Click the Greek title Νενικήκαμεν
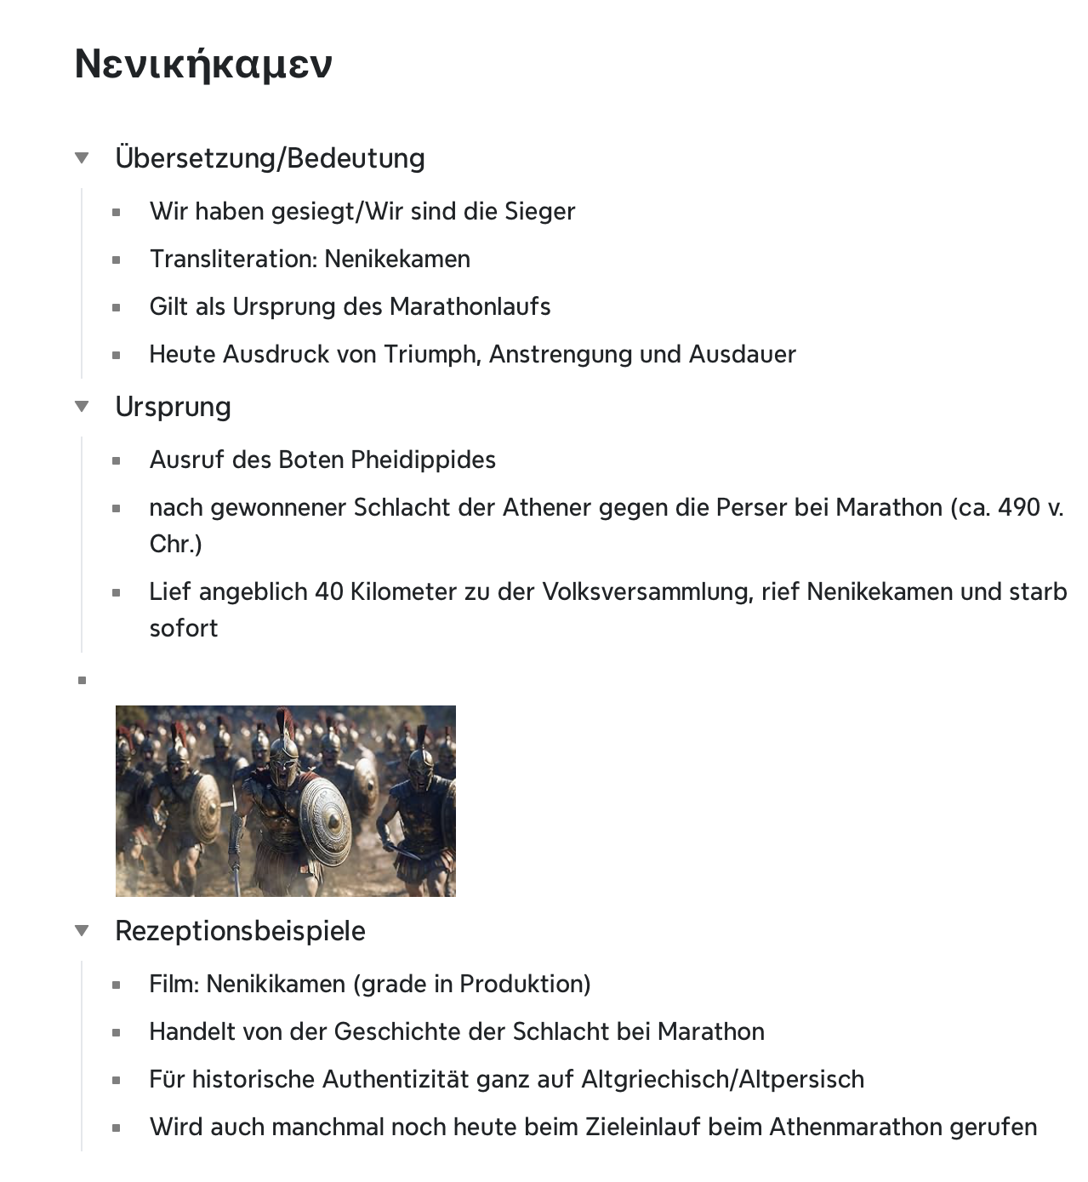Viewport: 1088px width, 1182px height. pyautogui.click(x=203, y=64)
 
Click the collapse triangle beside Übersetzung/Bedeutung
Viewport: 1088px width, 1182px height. pyautogui.click(x=82, y=157)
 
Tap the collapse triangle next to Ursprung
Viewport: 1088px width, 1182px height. pyautogui.click(x=82, y=406)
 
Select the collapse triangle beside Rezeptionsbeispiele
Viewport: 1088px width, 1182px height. pyautogui.click(x=82, y=930)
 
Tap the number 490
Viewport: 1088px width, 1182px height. pyautogui.click(x=1018, y=507)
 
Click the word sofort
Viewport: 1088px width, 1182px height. pyautogui.click(x=184, y=628)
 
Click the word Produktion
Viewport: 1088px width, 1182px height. pyautogui.click(x=524, y=984)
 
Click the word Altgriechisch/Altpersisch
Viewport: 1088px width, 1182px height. pyautogui.click(x=722, y=1079)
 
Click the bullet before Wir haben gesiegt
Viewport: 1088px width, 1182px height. pyautogui.click(x=116, y=212)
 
